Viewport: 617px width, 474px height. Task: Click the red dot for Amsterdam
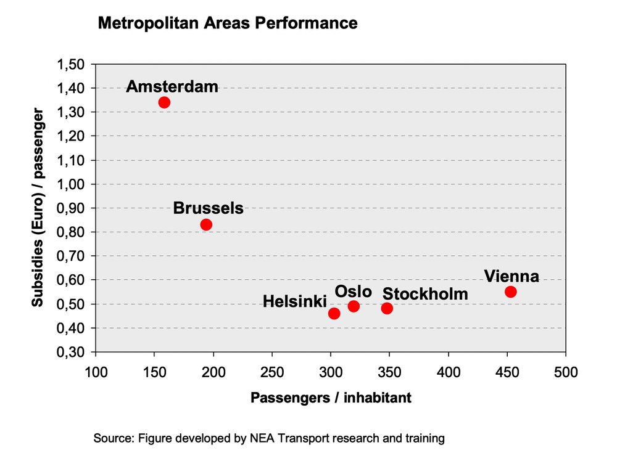tap(164, 102)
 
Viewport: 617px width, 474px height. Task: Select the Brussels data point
tap(206, 224)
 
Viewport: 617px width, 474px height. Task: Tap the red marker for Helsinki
tap(334, 313)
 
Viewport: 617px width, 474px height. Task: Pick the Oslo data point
tap(354, 306)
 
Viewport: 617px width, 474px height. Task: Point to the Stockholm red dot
tap(387, 308)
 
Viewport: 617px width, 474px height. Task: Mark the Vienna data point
tap(510, 292)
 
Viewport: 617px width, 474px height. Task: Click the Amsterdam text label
tap(172, 86)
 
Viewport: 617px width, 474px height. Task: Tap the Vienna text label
tap(511, 276)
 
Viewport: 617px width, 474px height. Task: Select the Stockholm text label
tap(425, 294)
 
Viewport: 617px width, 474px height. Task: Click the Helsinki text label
tap(294, 301)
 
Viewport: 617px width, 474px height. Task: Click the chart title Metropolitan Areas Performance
tap(228, 23)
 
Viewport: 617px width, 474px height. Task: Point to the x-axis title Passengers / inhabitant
tap(331, 398)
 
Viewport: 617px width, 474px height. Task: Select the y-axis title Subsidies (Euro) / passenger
tap(38, 208)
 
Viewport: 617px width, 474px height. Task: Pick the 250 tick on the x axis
tap(272, 373)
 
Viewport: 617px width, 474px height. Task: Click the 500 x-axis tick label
tap(565, 373)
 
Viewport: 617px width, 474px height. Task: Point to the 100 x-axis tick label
tap(95, 373)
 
